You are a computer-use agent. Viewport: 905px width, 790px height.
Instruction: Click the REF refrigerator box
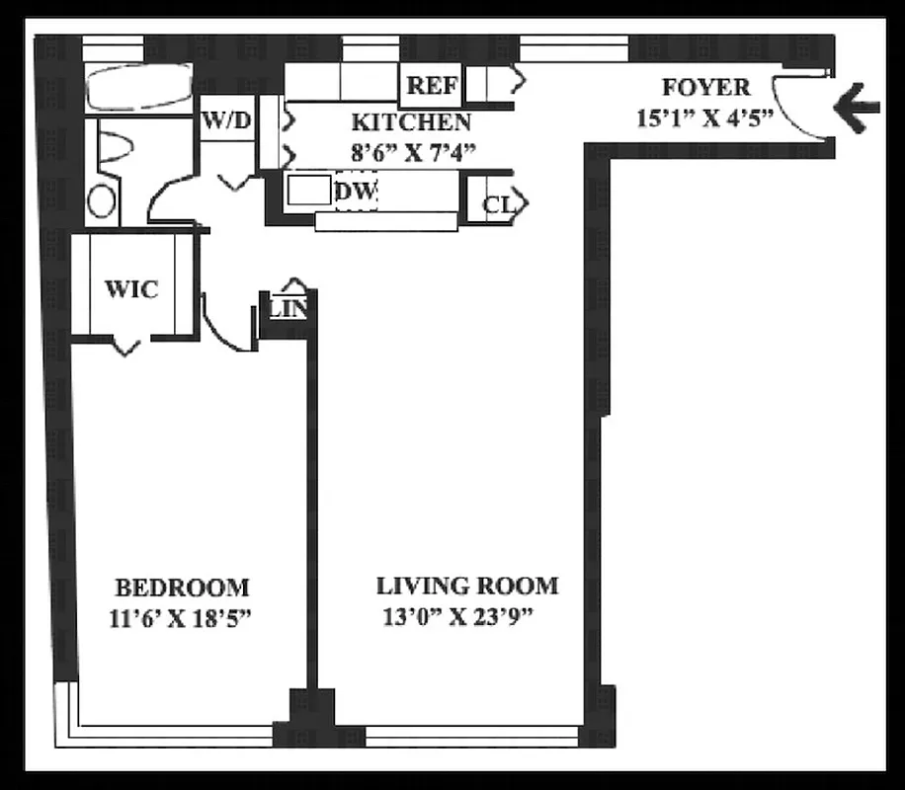(432, 86)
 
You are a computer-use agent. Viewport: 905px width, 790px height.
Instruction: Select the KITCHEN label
(411, 123)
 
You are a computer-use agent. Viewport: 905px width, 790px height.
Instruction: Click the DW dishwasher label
(356, 192)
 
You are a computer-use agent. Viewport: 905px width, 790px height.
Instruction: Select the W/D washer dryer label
(226, 121)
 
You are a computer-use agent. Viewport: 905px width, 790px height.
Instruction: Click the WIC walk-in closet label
(131, 289)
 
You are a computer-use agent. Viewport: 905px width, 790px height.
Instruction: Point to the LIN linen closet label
(288, 309)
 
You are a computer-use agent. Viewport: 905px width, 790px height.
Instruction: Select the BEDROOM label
(182, 589)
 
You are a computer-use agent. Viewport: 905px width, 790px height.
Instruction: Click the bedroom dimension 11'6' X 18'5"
(187, 620)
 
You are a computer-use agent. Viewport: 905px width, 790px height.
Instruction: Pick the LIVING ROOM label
(466, 586)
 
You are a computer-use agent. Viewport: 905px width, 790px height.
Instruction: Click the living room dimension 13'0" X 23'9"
(460, 619)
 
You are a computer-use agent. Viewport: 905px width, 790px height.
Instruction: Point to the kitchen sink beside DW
(308, 191)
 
